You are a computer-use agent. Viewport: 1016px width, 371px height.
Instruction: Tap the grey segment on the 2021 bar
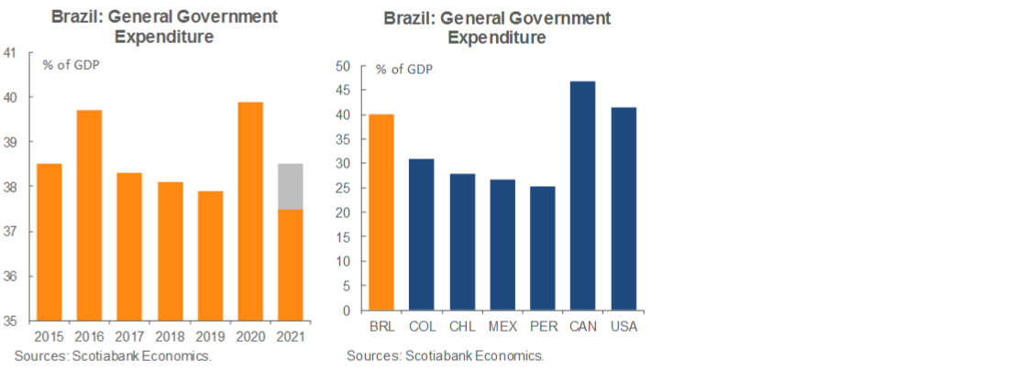[x=290, y=187]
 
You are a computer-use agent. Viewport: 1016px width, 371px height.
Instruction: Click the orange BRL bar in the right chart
[x=381, y=213]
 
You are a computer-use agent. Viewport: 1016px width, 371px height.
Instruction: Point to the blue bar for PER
[x=542, y=248]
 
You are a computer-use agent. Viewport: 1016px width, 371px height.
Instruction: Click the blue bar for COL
[x=421, y=235]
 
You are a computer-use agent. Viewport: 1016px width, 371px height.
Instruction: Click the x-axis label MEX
[x=502, y=327]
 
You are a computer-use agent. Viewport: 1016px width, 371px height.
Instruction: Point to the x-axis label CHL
[x=461, y=327]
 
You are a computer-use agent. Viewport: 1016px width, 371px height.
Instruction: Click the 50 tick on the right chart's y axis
[x=343, y=66]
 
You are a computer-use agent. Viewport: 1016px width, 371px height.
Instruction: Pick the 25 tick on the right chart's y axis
[x=343, y=188]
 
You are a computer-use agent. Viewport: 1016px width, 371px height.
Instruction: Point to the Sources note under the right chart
[x=445, y=355]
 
